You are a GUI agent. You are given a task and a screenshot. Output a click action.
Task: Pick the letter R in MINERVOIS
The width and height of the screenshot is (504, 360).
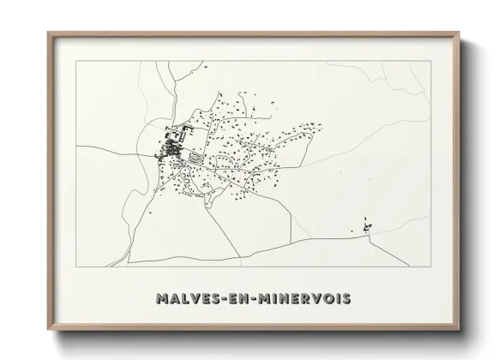[306, 299]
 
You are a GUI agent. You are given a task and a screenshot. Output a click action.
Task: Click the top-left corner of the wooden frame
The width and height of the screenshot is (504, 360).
[48, 33]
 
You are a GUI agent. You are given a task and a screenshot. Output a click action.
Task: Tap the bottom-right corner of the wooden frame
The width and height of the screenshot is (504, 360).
[460, 330]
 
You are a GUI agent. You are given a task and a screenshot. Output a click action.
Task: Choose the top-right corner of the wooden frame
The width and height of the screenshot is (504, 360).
[460, 33]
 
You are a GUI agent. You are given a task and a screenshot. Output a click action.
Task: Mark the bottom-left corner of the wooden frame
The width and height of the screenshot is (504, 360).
[48, 330]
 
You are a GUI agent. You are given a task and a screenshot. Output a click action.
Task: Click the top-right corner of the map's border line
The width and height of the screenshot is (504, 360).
[431, 62]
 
